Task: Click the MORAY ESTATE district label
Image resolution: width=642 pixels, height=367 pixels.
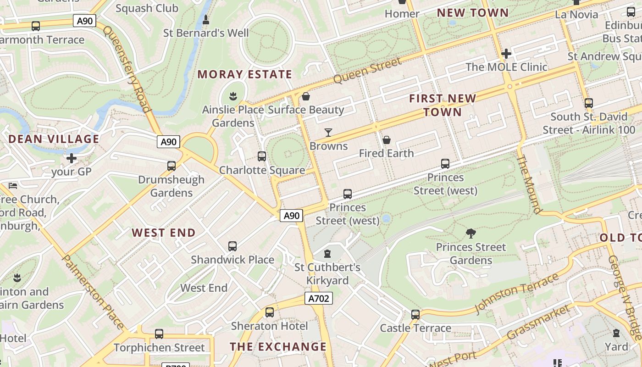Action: (x=244, y=74)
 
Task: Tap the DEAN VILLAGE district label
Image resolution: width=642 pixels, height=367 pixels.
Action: (x=54, y=139)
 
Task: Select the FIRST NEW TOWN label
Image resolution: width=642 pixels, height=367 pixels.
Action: (x=443, y=105)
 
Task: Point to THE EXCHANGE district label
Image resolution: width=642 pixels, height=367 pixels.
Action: (x=278, y=347)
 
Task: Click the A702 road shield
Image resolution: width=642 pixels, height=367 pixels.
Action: (x=318, y=299)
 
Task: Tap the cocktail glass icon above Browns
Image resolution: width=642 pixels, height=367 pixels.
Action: (x=328, y=133)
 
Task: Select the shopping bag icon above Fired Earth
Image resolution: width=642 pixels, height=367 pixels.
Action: (x=387, y=139)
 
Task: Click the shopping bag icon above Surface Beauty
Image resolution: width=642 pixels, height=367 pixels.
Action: (x=306, y=96)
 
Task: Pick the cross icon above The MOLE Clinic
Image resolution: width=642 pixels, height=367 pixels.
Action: (x=506, y=54)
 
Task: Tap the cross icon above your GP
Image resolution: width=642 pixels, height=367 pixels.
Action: (x=72, y=158)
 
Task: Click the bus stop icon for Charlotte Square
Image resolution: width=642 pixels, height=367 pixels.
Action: (x=262, y=156)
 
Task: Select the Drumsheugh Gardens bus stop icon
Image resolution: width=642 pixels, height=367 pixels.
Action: (x=172, y=166)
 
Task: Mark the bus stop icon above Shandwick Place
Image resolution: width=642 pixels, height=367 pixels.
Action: (x=232, y=246)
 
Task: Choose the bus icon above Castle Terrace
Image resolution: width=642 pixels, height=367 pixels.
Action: (x=415, y=315)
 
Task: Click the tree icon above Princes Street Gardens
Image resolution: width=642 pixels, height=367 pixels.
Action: (x=470, y=234)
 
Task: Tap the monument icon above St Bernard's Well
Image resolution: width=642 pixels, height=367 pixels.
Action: (x=206, y=20)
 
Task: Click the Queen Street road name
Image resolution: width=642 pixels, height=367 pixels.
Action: (x=367, y=70)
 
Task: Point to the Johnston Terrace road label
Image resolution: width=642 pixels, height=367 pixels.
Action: (x=517, y=293)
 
